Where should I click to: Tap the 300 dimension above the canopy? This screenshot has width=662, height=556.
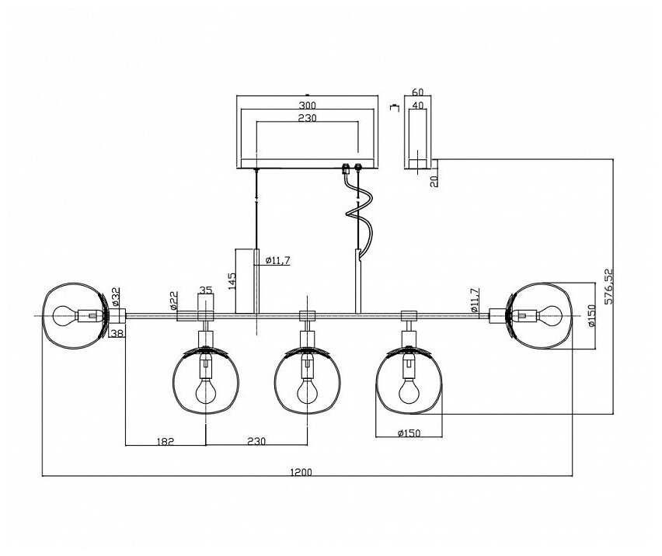pyautogui.click(x=307, y=105)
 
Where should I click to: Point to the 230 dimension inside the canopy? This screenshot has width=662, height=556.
pyautogui.click(x=307, y=118)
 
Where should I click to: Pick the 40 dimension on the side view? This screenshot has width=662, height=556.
pyautogui.click(x=417, y=106)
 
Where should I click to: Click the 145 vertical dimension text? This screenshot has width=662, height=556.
pyautogui.click(x=232, y=280)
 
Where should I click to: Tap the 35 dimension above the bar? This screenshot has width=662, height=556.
pyautogui.click(x=205, y=290)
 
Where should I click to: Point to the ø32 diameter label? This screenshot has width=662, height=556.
pyautogui.click(x=116, y=296)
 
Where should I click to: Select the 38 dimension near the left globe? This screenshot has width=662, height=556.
pyautogui.click(x=117, y=333)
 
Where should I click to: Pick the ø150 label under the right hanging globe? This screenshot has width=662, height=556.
pyautogui.click(x=407, y=433)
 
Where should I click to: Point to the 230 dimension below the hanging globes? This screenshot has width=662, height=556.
pyautogui.click(x=256, y=440)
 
